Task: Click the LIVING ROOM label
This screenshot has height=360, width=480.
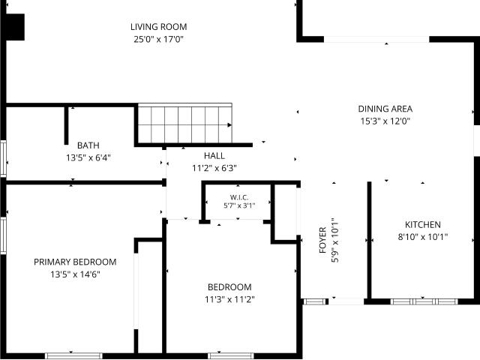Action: click(158, 27)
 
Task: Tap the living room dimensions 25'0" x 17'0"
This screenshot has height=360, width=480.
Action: click(158, 39)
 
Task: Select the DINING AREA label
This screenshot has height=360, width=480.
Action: click(385, 109)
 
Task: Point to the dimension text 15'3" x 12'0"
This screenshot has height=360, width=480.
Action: click(385, 121)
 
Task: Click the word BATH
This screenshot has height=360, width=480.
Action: click(88, 145)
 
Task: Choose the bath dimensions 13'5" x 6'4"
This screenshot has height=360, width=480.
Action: click(88, 158)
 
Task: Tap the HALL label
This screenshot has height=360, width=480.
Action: click(214, 156)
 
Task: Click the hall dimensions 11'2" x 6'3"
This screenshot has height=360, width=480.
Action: click(214, 168)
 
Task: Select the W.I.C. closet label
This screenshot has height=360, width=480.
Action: click(239, 197)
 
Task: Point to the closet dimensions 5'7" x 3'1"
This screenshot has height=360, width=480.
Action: click(239, 205)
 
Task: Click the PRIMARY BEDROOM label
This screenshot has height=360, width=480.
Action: click(75, 262)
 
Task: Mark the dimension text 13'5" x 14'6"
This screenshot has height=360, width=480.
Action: click(75, 274)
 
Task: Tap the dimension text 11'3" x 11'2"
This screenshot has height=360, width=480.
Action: click(229, 299)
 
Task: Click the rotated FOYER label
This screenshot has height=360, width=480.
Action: click(322, 240)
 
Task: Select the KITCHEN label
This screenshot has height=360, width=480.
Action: click(423, 225)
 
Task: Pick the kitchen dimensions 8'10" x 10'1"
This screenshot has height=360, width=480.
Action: click(423, 237)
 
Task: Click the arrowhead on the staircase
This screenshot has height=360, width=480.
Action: click(229, 125)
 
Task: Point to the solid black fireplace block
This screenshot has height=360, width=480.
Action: click(15, 27)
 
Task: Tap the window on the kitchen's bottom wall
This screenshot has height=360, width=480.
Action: click(424, 301)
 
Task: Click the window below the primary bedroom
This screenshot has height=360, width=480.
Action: click(73, 356)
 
